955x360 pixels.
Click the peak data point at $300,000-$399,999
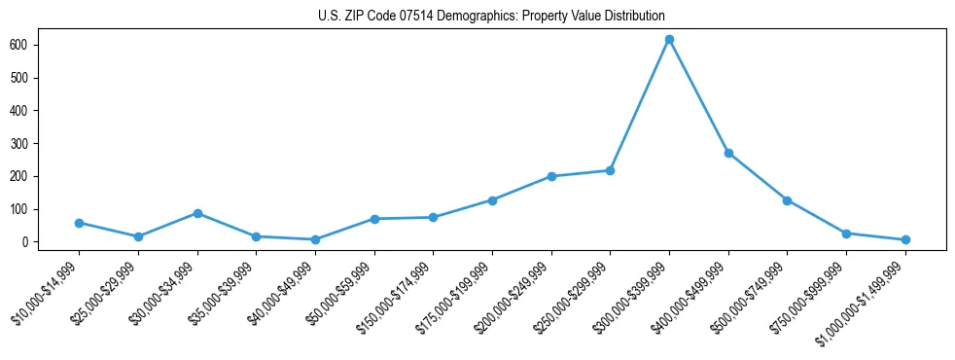[x=669, y=39]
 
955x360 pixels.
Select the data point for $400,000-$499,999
[x=728, y=153]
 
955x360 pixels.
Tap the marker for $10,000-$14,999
[x=79, y=223]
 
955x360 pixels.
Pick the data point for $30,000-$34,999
[x=197, y=213]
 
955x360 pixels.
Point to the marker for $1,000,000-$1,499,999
[x=905, y=239]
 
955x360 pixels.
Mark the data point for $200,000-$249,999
[x=551, y=176]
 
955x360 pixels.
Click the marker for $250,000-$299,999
[x=610, y=170]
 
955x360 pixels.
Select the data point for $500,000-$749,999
[x=787, y=200]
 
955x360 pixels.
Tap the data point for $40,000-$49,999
[x=315, y=239]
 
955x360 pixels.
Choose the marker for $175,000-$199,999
[x=492, y=200]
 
